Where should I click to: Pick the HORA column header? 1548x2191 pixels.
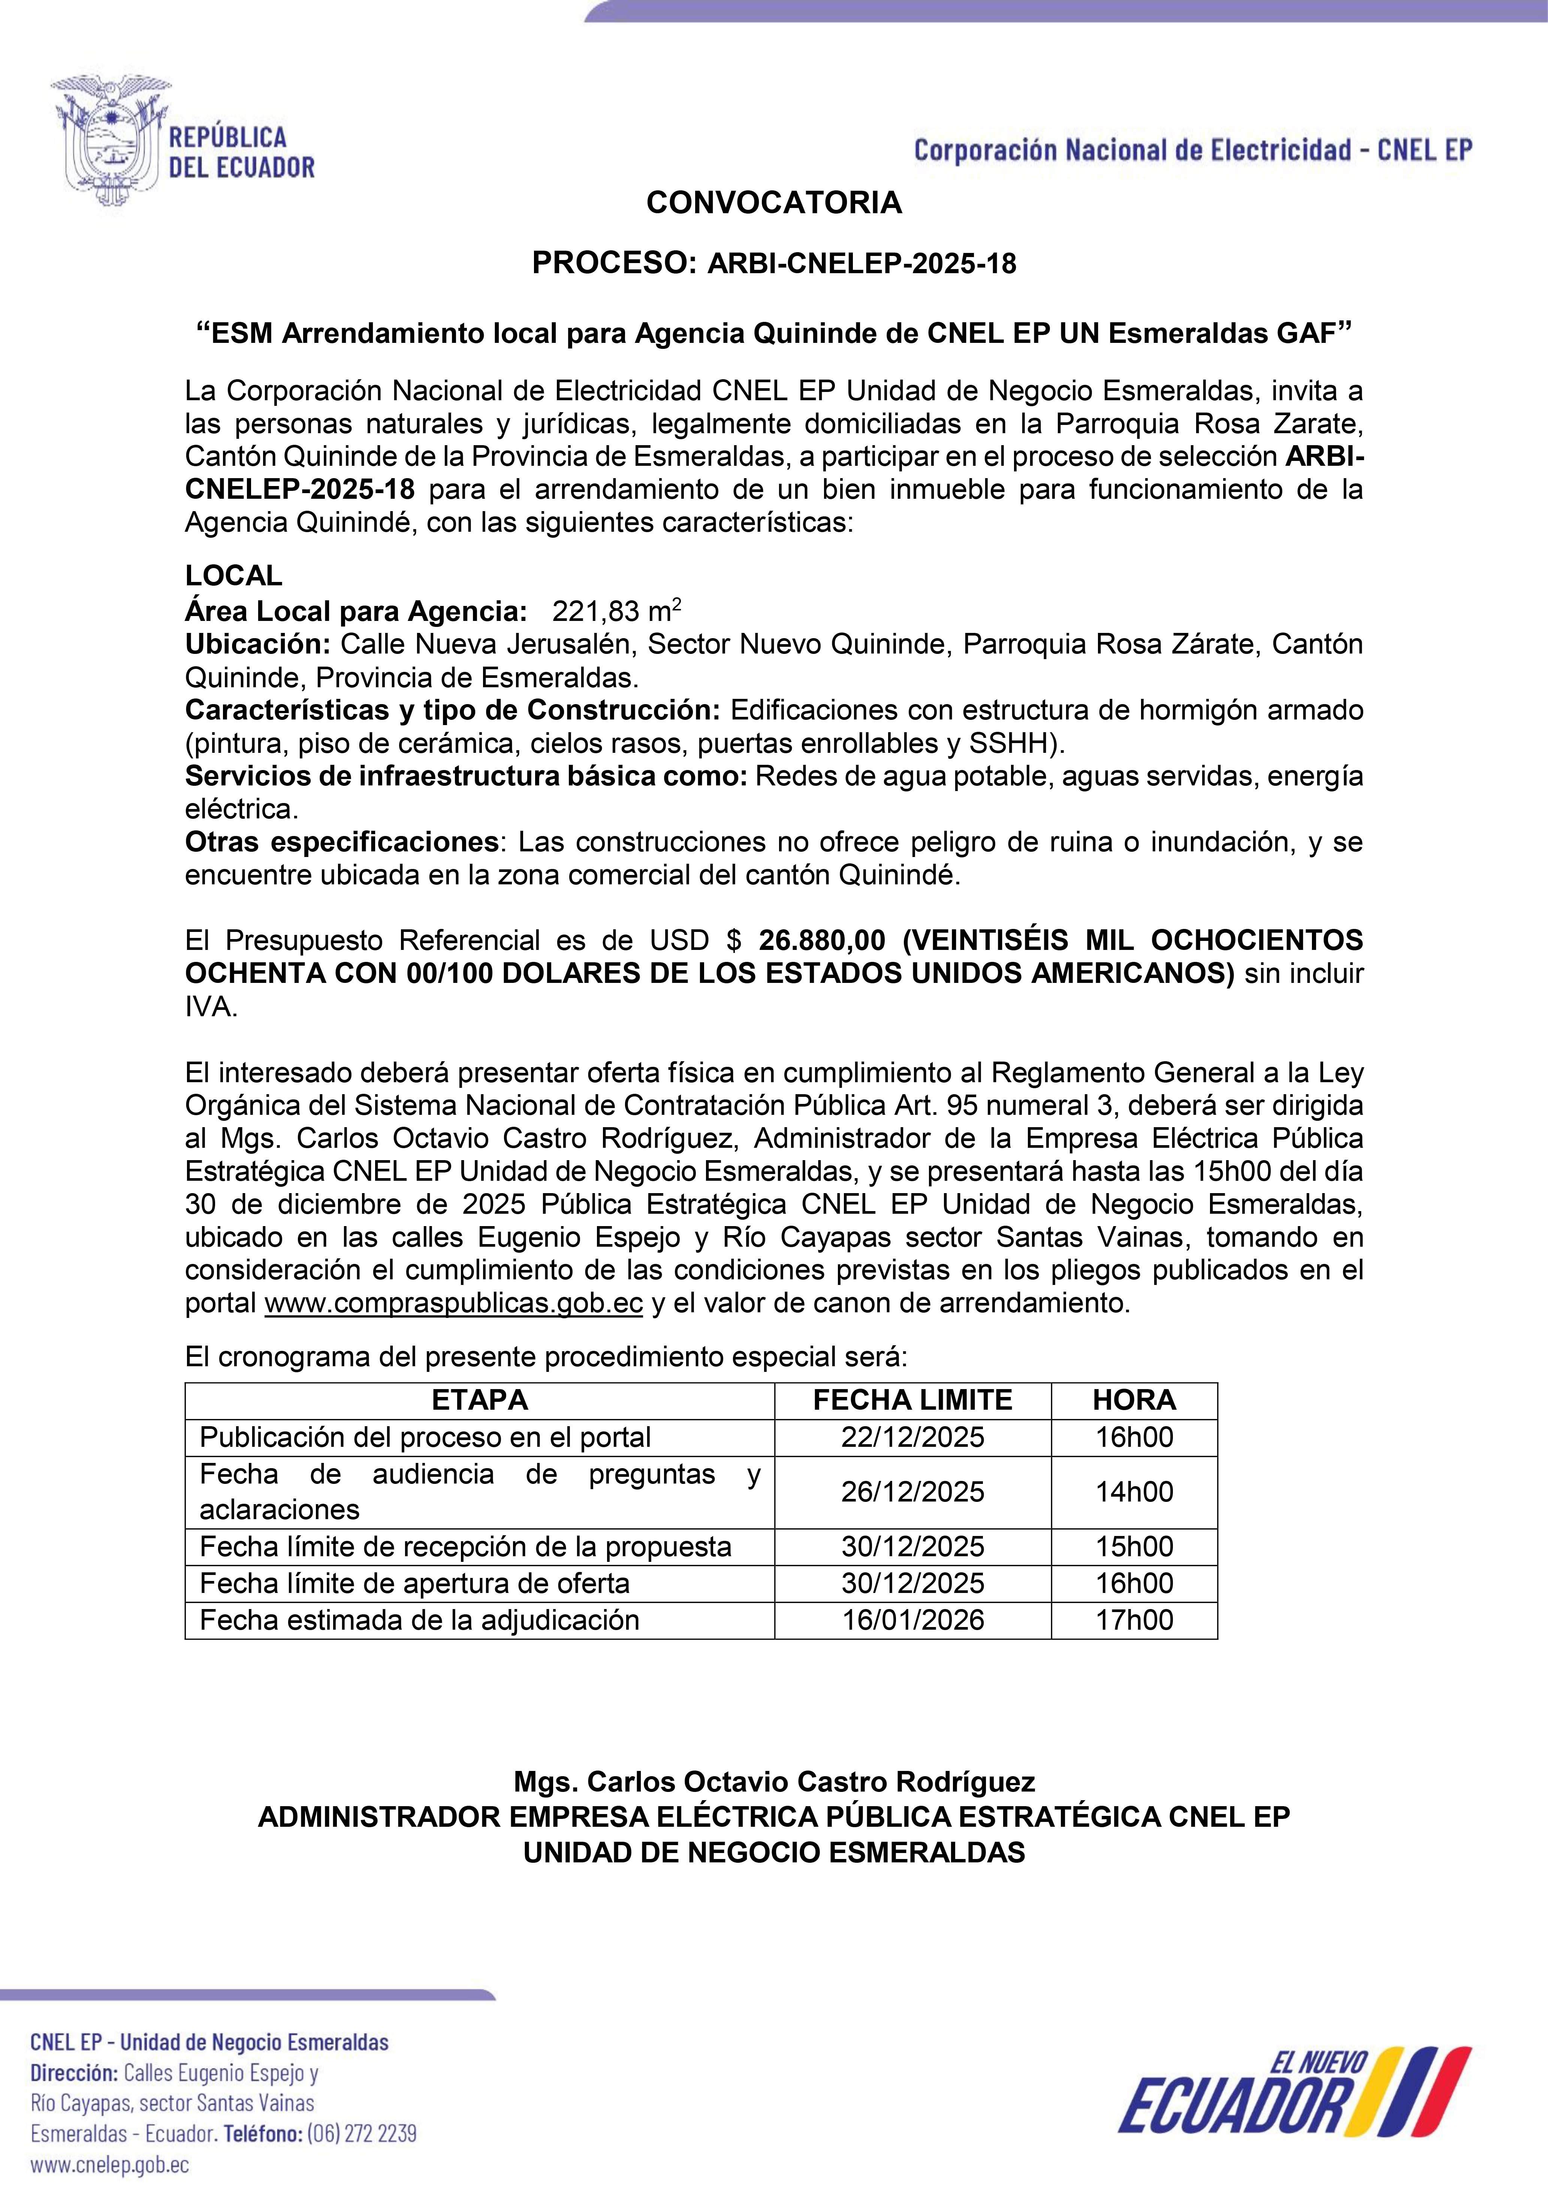pyautogui.click(x=1134, y=1400)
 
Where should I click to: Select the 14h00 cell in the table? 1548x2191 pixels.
pyautogui.click(x=1134, y=1491)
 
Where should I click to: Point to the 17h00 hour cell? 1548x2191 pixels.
pyautogui.click(x=1134, y=1620)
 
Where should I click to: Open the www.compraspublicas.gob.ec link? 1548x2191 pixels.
pyautogui.click(x=453, y=1304)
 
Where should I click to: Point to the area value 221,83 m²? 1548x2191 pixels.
pyautogui.click(x=616, y=611)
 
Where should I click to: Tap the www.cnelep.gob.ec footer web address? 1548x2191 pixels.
pyautogui.click(x=110, y=2164)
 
